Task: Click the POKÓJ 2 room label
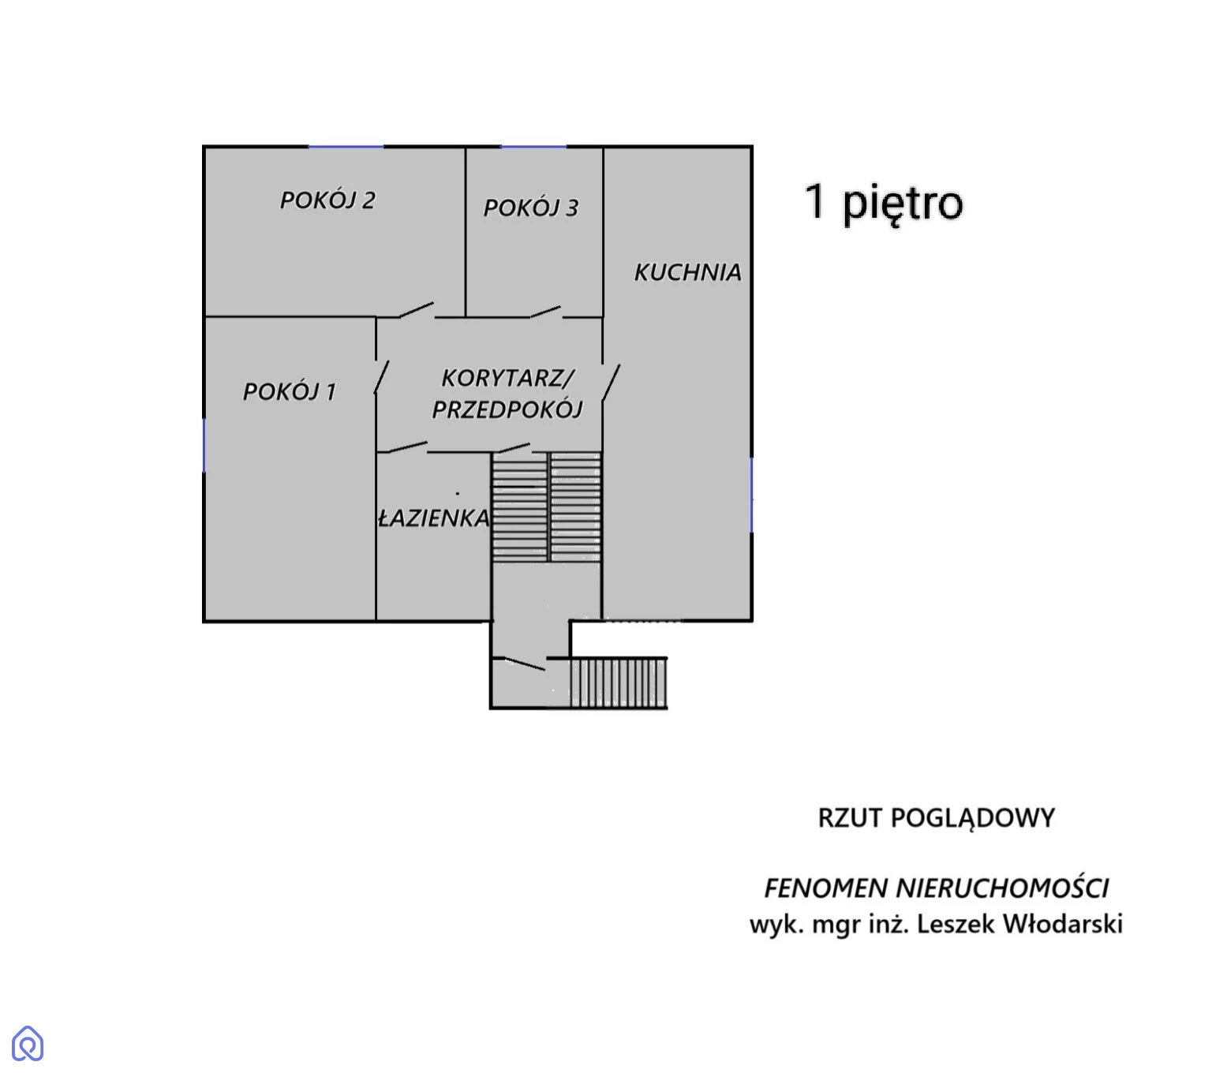[x=327, y=200]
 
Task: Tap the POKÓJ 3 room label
[x=530, y=208]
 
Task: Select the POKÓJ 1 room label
[x=289, y=392]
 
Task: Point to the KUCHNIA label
[x=687, y=273]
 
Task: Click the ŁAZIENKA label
[x=434, y=518]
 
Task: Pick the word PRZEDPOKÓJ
[x=507, y=410]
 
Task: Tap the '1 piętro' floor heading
[x=884, y=204]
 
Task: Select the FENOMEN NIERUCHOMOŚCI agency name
[x=936, y=889]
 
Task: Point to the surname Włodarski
[x=1062, y=924]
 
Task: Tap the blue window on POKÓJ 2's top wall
[x=346, y=147]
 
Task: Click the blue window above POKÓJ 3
[x=533, y=147]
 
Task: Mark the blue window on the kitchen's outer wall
[x=751, y=495]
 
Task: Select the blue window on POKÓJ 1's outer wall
[x=204, y=445]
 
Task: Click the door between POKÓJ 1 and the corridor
[x=382, y=377]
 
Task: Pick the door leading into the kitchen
[x=611, y=382]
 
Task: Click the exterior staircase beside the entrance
[x=618, y=683]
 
